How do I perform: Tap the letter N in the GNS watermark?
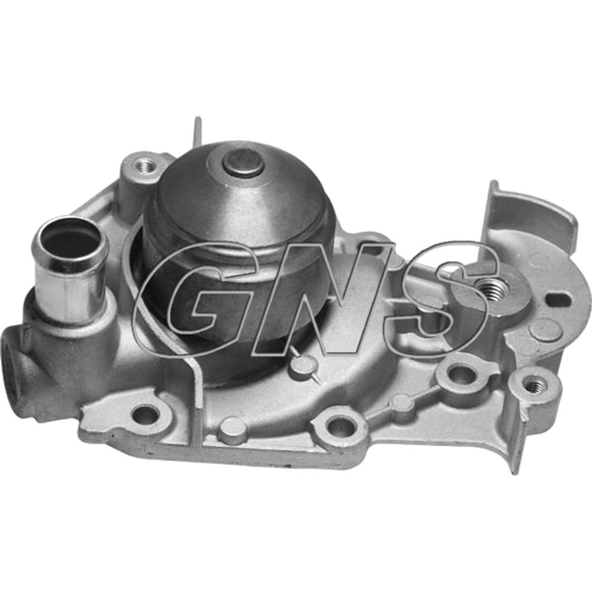[321, 298]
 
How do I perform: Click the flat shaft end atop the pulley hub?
[243, 162]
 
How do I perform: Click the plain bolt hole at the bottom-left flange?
[146, 416]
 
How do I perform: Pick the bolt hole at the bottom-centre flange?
[340, 426]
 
